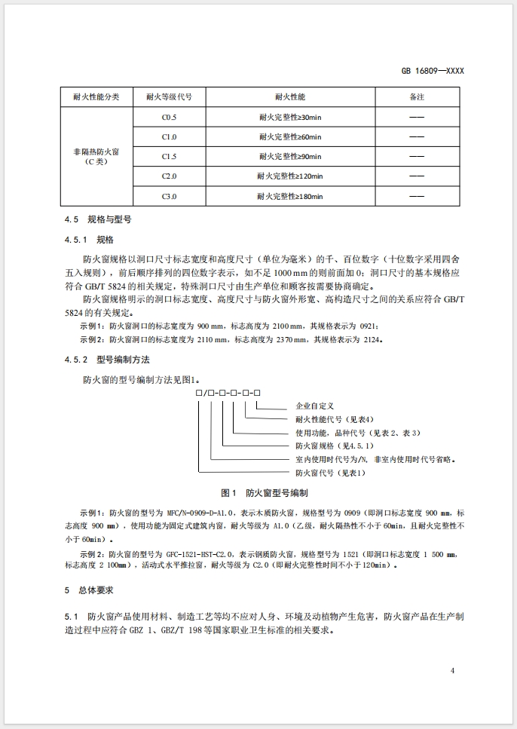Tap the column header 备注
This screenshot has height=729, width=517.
416,98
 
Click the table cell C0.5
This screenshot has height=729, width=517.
169,118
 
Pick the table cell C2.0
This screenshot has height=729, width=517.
169,176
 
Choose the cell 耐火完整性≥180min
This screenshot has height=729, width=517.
289,196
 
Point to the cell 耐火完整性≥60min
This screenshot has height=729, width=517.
289,137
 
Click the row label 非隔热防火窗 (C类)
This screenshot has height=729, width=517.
95,157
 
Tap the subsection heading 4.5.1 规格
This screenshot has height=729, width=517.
88,240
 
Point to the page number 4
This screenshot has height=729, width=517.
452,670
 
